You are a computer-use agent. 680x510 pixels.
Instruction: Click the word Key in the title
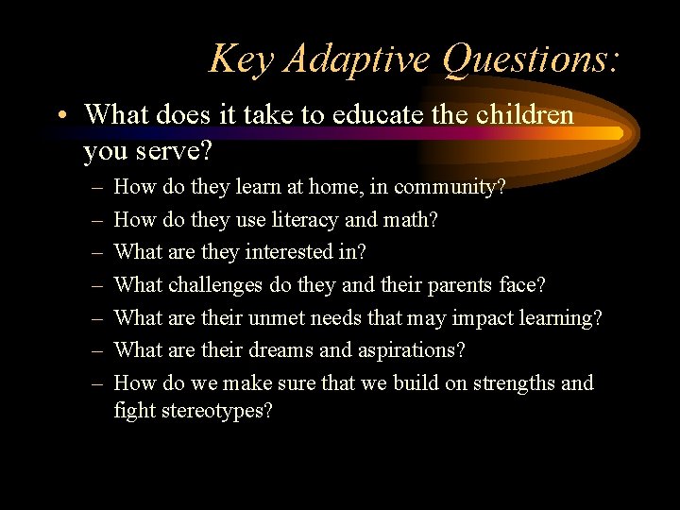241,59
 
